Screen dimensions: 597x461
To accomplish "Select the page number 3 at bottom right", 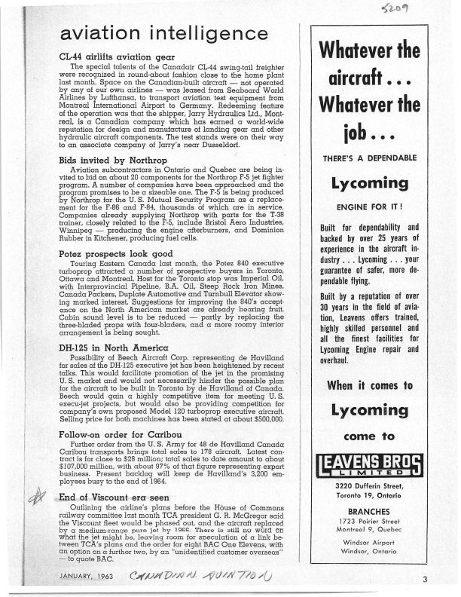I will [x=425, y=579].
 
